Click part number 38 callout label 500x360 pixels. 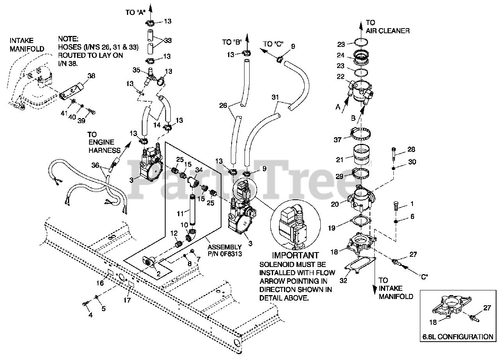[x=91, y=76]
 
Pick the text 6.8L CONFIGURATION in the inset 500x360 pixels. [x=457, y=337]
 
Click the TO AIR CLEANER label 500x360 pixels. [x=387, y=27]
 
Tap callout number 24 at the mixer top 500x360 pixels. [x=341, y=55]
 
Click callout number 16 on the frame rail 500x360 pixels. [x=101, y=283]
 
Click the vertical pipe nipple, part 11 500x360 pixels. [x=192, y=209]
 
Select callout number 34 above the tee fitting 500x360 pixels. [x=198, y=169]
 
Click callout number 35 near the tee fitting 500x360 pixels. [x=137, y=70]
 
